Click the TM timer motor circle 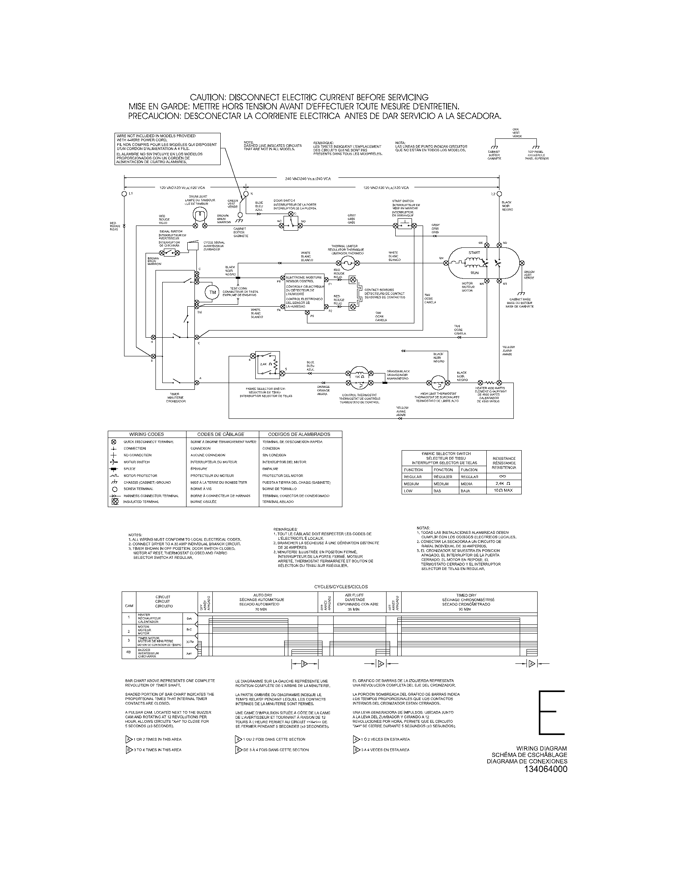[x=212, y=292]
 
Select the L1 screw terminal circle [x=124, y=194]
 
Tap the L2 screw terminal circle [x=499, y=194]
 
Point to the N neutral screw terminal [x=246, y=194]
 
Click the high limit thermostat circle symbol [x=439, y=383]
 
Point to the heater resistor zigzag [x=489, y=382]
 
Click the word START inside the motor [x=474, y=253]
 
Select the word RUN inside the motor [x=474, y=272]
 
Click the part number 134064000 [x=545, y=769]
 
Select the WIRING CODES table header [x=147, y=434]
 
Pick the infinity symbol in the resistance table [x=503, y=476]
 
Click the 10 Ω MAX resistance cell [x=503, y=490]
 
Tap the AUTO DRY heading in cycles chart [x=263, y=595]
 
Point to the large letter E [x=551, y=712]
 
